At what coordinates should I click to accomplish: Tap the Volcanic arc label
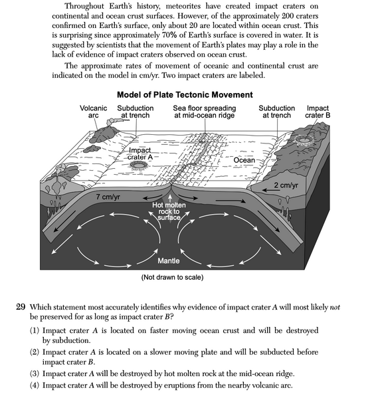[93, 112]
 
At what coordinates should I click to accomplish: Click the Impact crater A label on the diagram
[140, 154]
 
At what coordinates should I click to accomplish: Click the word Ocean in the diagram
[244, 161]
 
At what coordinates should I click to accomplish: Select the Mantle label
[169, 260]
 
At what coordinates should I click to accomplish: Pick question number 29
[20, 306]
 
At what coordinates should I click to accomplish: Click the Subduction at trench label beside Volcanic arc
[135, 112]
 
